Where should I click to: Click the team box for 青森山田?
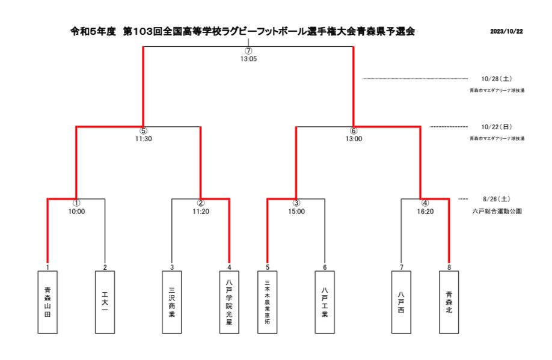[x=48, y=301]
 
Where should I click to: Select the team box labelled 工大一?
[x=105, y=301]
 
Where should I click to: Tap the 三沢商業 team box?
[x=172, y=301]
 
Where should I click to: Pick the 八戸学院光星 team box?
[x=229, y=301]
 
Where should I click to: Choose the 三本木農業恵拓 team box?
[x=268, y=301]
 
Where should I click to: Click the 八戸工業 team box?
[x=325, y=301]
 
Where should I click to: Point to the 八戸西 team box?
[x=401, y=301]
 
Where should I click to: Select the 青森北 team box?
[x=449, y=301]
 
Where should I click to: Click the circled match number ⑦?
[x=248, y=50]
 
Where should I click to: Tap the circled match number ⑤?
[x=143, y=130]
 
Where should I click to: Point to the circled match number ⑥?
[x=354, y=130]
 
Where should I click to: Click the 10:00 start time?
[x=76, y=212]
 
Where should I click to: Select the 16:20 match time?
[x=425, y=212]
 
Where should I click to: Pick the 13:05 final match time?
[x=248, y=59]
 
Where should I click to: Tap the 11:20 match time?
[x=201, y=212]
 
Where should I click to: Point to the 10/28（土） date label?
[x=496, y=79]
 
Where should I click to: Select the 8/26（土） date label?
[x=496, y=199]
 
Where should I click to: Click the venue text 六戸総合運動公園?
[x=496, y=212]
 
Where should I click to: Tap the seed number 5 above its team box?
[x=268, y=267]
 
